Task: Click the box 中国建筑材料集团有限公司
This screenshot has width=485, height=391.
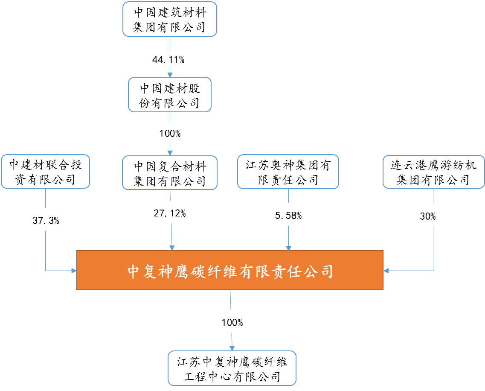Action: [x=170, y=19]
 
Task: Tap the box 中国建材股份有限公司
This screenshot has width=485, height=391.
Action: [x=170, y=95]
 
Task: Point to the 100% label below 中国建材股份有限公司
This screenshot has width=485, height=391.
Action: [x=170, y=133]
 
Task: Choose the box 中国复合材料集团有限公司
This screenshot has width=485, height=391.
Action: [x=170, y=173]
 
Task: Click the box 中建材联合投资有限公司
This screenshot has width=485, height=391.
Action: [x=45, y=172]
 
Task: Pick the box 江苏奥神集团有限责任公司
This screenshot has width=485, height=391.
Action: [x=288, y=172]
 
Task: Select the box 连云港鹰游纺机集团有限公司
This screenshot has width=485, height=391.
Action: [x=433, y=172]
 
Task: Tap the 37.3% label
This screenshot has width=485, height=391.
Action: [x=45, y=220]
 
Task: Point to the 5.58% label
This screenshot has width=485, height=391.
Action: [x=288, y=215]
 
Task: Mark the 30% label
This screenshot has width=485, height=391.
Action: [x=427, y=216]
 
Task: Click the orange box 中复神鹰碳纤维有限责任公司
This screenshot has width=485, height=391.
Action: [x=230, y=270]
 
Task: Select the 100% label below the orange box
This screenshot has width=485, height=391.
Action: [x=232, y=322]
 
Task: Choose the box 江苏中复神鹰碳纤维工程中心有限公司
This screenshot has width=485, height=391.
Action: [x=232, y=368]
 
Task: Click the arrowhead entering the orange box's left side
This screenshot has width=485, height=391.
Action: [x=74, y=270]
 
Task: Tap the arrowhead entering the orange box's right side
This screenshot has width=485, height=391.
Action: [x=386, y=270]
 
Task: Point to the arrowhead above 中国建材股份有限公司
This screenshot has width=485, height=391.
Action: [x=170, y=74]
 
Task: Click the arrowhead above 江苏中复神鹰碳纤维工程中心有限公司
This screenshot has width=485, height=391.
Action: [x=232, y=347]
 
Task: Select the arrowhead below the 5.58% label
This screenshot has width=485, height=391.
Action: [x=288, y=248]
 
